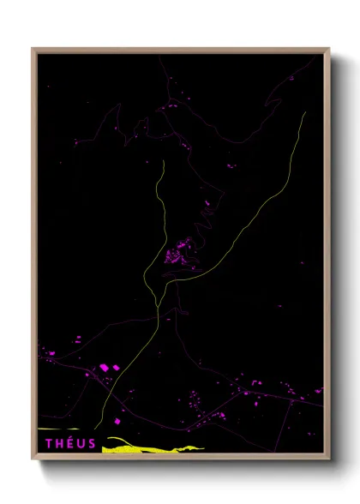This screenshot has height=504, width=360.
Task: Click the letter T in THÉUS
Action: [48, 443]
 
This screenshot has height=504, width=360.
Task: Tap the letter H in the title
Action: [59, 443]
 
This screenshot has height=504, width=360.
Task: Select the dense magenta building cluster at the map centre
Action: [179, 254]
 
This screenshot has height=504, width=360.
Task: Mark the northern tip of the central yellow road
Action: [161, 159]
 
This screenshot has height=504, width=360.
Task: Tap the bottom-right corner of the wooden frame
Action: [328, 459]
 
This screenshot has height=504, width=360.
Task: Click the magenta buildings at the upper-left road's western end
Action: [76, 141]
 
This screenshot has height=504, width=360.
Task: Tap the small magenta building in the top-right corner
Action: [291, 79]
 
